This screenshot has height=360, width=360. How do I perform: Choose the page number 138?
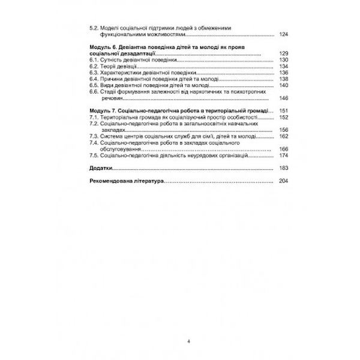click(284, 79)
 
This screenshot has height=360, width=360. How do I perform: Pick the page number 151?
click(284, 112)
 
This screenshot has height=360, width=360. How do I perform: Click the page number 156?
click(284, 130)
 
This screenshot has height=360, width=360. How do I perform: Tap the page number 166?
click(284, 149)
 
